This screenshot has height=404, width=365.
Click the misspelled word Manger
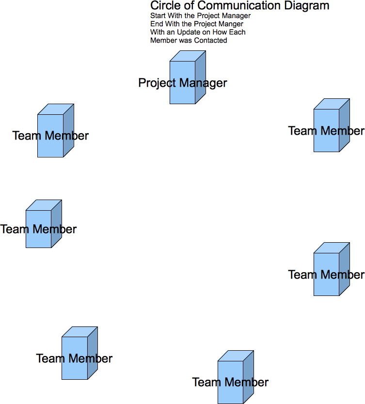(x=231, y=24)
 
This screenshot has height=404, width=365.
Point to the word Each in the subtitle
(x=238, y=32)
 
